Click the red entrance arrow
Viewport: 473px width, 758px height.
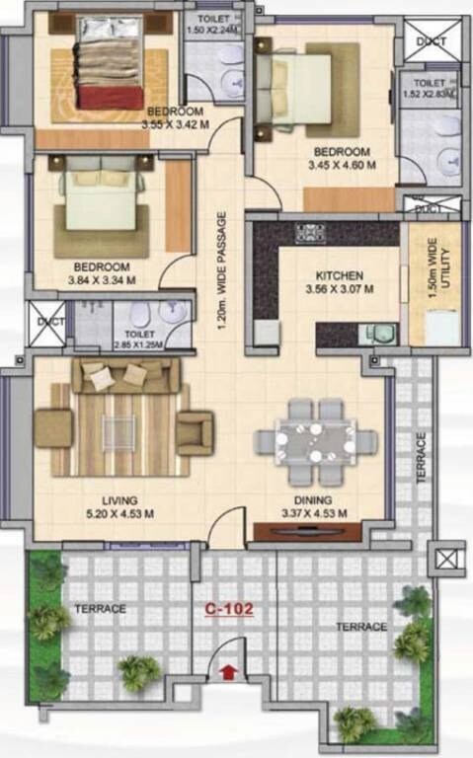pos(229,673)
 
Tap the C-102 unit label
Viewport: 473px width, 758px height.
pos(229,610)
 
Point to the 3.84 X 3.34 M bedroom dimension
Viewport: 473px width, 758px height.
pos(101,280)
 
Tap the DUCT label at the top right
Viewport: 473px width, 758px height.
pos(432,41)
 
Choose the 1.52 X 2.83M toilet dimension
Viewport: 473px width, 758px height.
pos(432,95)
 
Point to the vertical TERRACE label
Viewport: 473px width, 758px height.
pos(421,457)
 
